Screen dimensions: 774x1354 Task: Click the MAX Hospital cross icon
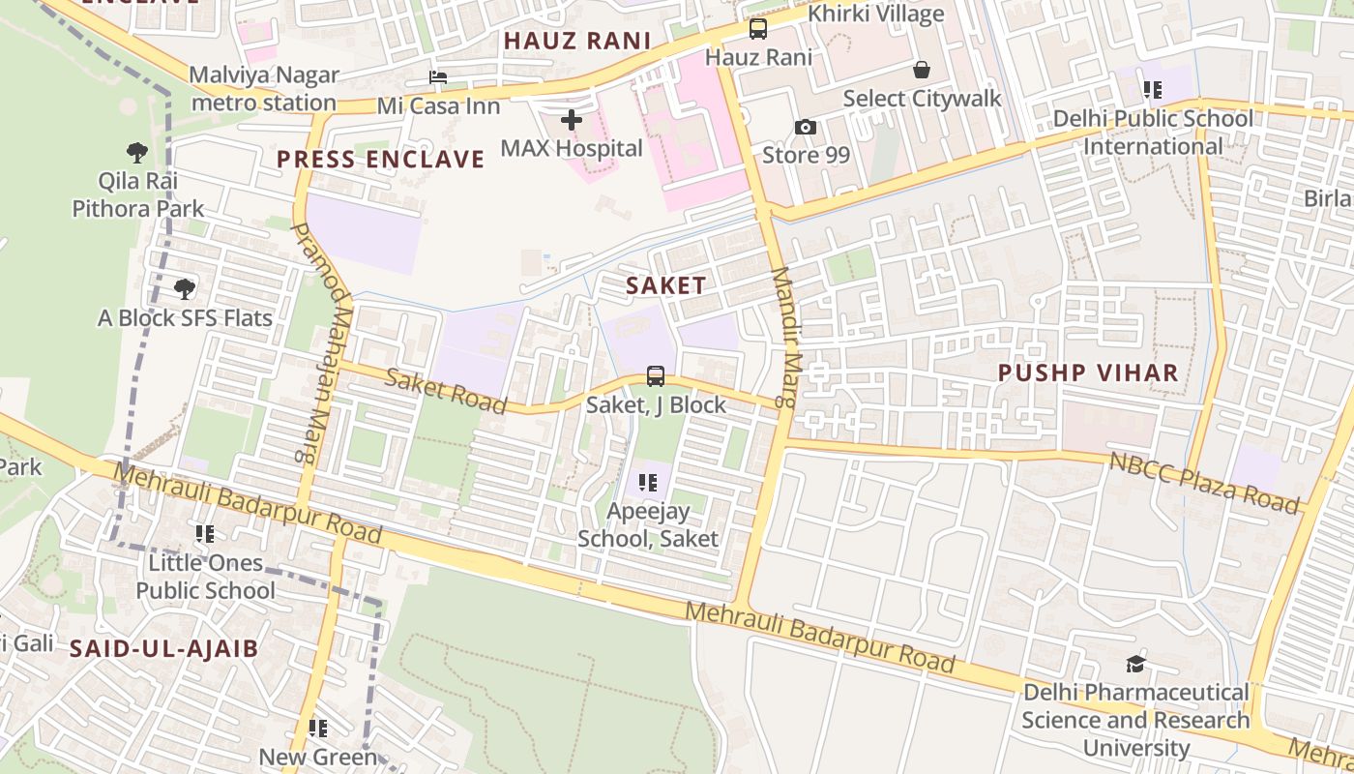(x=572, y=120)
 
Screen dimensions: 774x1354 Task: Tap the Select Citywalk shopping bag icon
(x=922, y=70)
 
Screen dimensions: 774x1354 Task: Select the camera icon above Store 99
(x=805, y=127)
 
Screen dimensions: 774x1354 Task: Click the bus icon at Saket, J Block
(x=656, y=375)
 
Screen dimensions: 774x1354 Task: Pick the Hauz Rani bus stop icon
(x=758, y=29)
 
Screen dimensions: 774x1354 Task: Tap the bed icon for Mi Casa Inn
(x=438, y=77)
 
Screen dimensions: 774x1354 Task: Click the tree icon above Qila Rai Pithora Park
(x=137, y=152)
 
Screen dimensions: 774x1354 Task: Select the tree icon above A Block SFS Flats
(x=185, y=288)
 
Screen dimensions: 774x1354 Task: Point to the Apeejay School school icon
(x=648, y=482)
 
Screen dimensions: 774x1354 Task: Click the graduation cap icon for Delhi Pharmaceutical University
(x=1135, y=664)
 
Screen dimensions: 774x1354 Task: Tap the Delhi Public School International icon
(x=1152, y=90)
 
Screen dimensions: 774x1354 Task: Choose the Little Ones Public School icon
(x=205, y=533)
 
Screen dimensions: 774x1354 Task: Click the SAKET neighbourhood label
(x=665, y=285)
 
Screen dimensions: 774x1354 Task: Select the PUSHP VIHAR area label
(x=1088, y=372)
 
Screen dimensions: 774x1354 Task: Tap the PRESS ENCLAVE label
(x=380, y=160)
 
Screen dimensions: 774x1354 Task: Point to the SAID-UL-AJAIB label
(x=164, y=648)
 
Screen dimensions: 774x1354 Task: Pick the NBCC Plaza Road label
(x=1204, y=481)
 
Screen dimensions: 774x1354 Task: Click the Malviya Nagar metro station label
(x=264, y=88)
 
